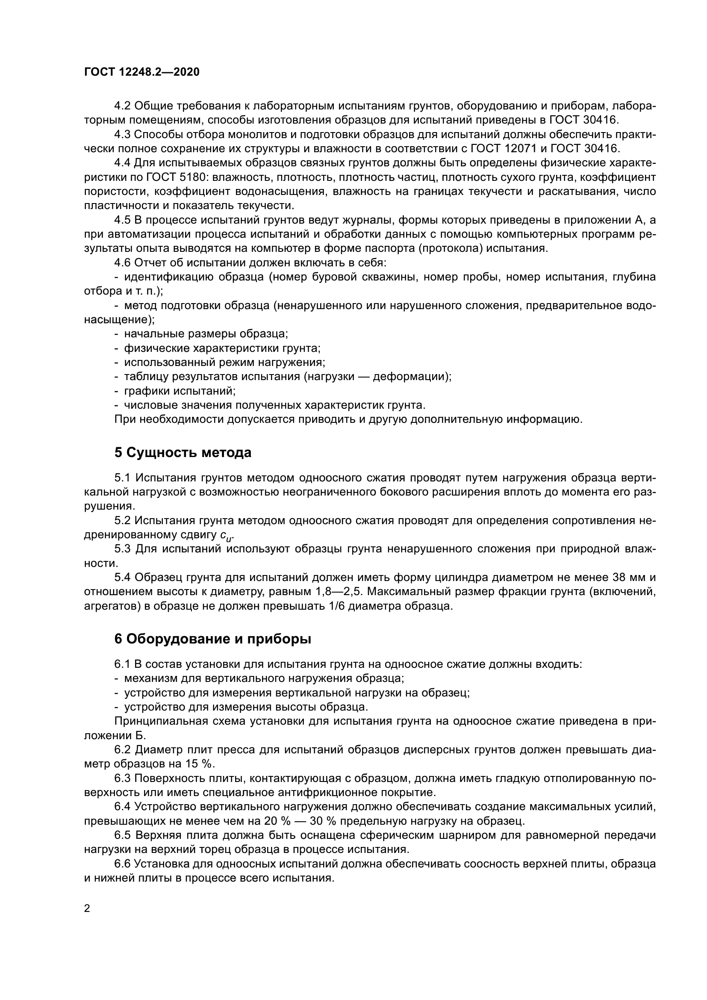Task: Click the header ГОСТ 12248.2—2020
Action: click(x=141, y=72)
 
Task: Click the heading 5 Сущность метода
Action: click(x=183, y=452)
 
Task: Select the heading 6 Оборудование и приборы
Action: click(x=213, y=639)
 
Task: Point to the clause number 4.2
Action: click(x=122, y=106)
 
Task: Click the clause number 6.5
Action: click(x=123, y=835)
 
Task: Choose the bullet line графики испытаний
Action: click(x=180, y=391)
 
